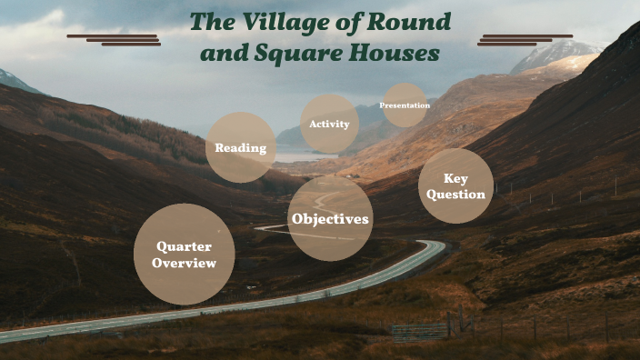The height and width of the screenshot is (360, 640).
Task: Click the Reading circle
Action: point(241,147)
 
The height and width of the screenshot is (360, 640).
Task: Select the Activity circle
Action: point(329,124)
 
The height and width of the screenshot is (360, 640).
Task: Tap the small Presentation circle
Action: point(405,105)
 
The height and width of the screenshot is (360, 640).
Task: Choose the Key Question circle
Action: point(456,186)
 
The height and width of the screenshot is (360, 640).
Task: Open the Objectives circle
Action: point(330,219)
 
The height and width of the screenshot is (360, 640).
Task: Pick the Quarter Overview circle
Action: point(184,255)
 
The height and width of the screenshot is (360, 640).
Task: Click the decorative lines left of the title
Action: point(115,39)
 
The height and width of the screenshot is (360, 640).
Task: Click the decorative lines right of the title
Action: point(525,39)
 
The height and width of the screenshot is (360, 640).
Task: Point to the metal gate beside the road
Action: point(420,331)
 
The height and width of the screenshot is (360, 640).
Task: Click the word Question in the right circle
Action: point(456,195)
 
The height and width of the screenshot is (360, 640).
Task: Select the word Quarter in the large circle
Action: point(184,246)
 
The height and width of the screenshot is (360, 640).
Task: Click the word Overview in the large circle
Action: point(184,264)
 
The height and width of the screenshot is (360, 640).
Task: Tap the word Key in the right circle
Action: point(456,178)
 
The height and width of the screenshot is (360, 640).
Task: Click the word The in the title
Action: point(210,23)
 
